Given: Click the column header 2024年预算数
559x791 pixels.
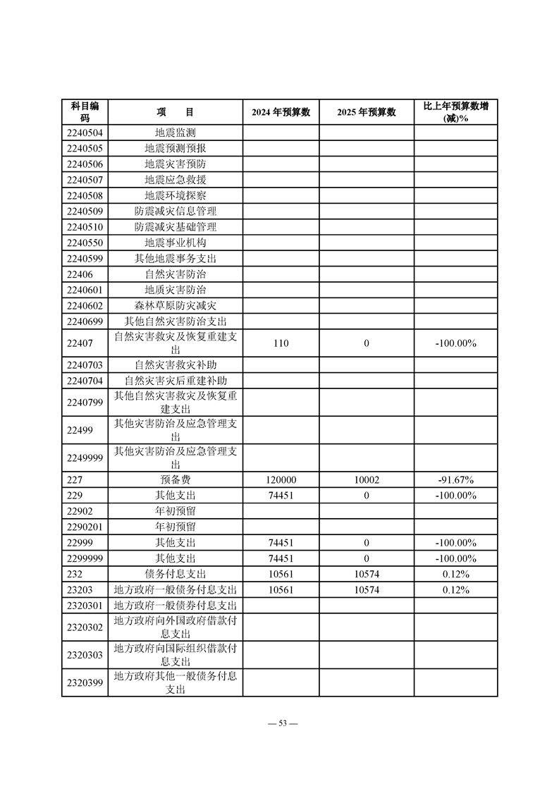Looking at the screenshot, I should pos(281,112).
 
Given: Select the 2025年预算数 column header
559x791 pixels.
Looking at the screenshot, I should pos(366,112).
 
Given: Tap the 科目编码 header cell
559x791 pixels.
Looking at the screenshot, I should pos(85,112).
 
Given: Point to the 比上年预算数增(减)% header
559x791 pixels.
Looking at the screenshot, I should pos(455,112).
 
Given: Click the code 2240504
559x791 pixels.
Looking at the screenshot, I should pos(85,133).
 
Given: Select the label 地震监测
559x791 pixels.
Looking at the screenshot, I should pos(175,133).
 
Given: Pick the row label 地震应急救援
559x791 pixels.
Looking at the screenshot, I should pos(175,180).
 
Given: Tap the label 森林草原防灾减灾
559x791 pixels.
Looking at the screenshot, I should pos(175,306).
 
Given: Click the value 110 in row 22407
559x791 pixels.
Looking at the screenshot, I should pos(281,343).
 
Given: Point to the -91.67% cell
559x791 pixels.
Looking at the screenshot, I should pos(455,480).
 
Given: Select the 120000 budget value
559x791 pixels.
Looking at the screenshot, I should pos(281,480).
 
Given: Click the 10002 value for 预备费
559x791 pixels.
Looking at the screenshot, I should pos(366,480).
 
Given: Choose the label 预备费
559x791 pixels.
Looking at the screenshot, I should pos(175,480).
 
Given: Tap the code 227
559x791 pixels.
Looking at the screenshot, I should pos(75,480).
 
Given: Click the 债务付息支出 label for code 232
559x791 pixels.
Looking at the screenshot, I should pos(175,575).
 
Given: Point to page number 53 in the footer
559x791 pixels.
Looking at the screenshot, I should pos(279,723).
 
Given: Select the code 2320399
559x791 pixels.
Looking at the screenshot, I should pos(85,682).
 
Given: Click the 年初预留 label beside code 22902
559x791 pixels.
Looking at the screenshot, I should pos(175,512).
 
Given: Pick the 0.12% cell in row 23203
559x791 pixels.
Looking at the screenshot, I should pos(455,590).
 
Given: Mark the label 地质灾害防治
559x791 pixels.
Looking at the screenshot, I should pos(175,290).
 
